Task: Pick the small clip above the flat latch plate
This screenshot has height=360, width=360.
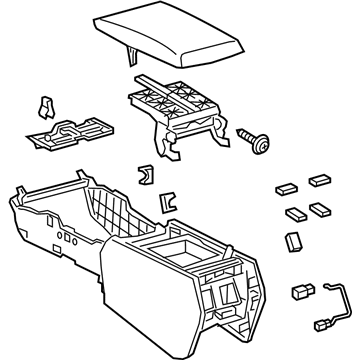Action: [45, 105]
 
